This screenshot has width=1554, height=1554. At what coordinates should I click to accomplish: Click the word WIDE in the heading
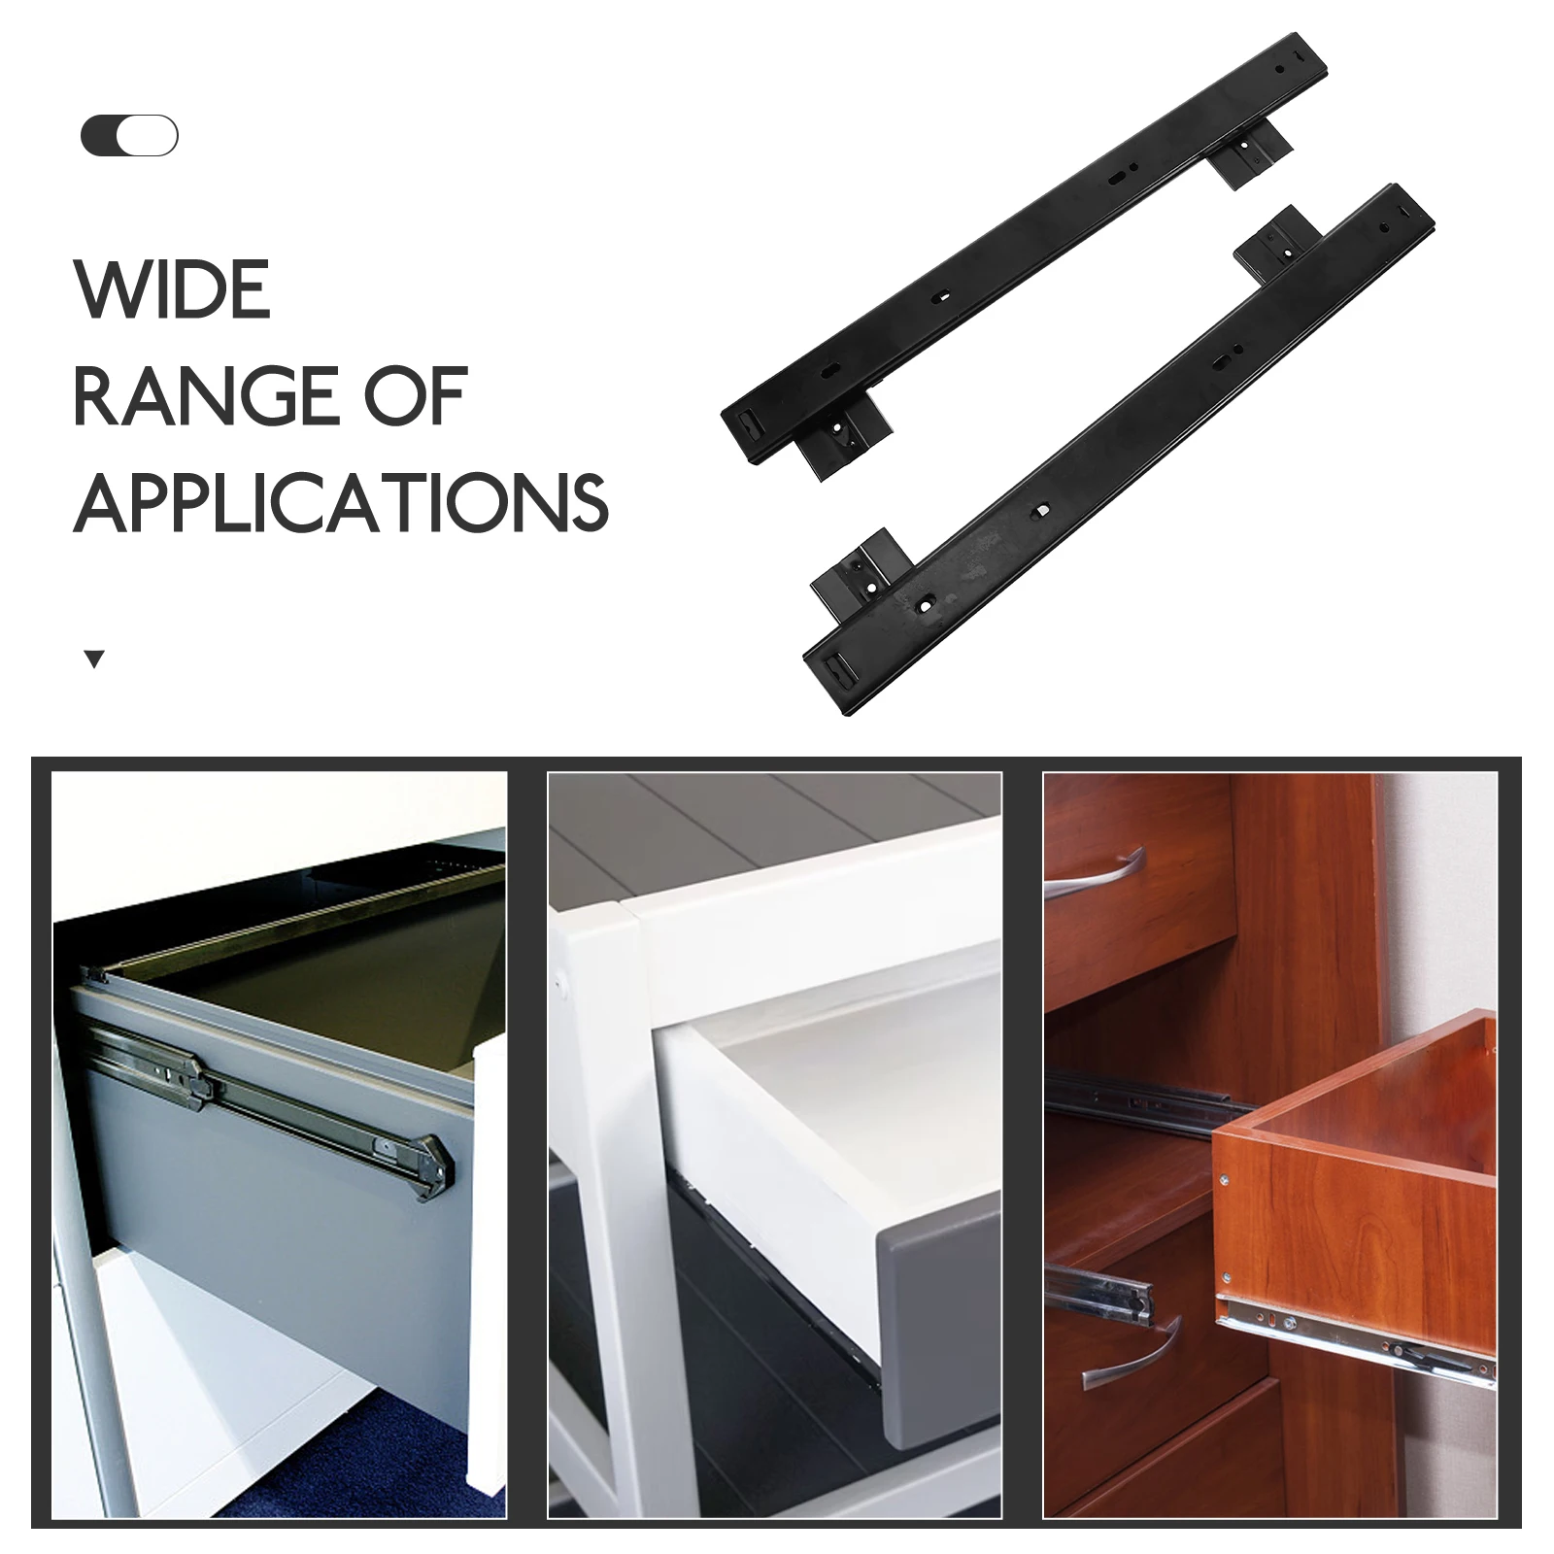[172, 289]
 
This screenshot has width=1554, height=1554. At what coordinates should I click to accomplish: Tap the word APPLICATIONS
[340, 502]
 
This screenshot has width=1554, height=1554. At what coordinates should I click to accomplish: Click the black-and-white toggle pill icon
[129, 136]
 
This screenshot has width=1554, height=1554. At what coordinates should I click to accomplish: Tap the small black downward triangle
[94, 660]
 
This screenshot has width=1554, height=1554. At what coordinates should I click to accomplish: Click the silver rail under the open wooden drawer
[1360, 1335]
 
